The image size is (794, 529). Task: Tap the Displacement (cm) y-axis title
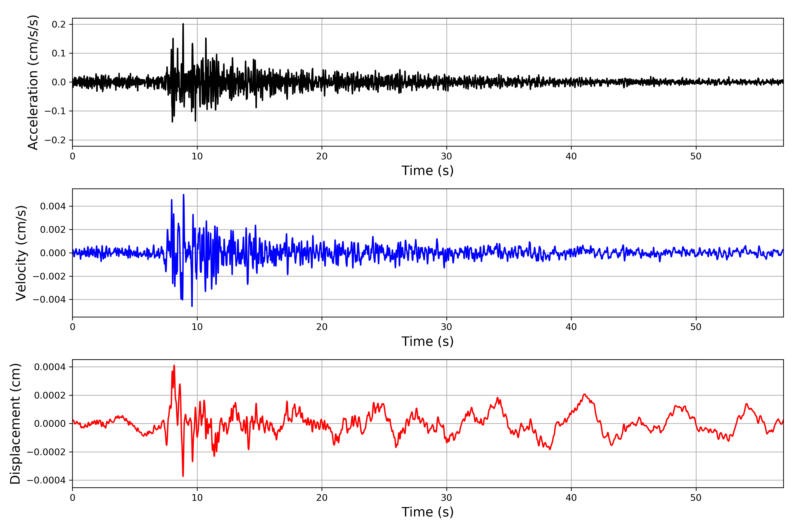pyautogui.click(x=15, y=423)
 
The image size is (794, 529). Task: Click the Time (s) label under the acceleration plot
pyautogui.click(x=427, y=171)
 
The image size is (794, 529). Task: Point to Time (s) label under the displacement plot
pyautogui.click(x=427, y=512)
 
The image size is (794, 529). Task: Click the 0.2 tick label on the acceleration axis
pyautogui.click(x=58, y=24)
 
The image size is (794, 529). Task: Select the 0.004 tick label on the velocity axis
pyautogui.click(x=53, y=206)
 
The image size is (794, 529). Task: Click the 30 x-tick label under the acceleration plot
pyautogui.click(x=446, y=156)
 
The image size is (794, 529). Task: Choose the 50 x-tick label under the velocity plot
pyautogui.click(x=696, y=327)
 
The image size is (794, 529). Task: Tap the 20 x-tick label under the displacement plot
pyautogui.click(x=322, y=498)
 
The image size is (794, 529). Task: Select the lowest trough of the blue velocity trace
pyautogui.click(x=192, y=306)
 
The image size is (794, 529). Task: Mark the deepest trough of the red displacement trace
pyautogui.click(x=183, y=476)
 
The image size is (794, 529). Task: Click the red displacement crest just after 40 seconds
pyautogui.click(x=584, y=394)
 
